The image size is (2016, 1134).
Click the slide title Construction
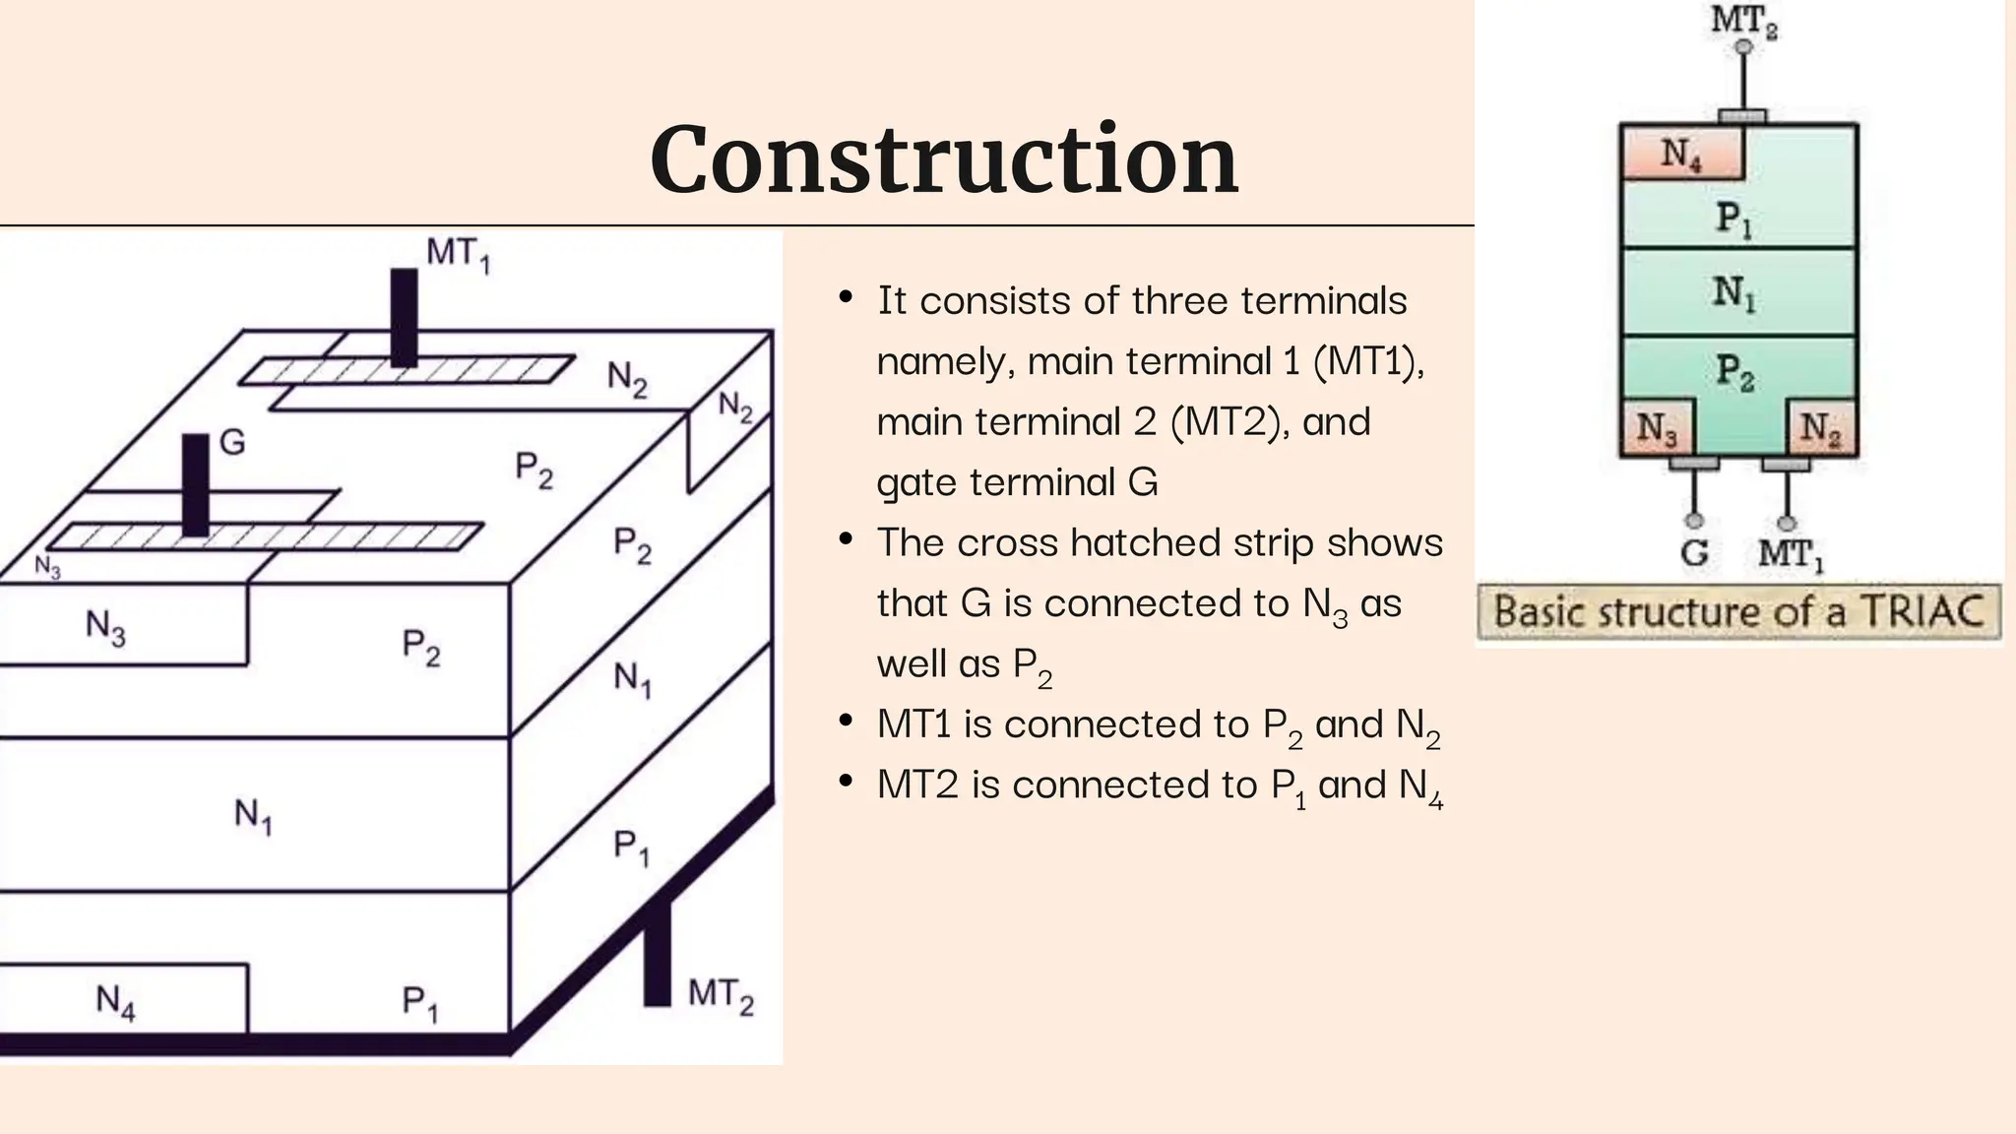[x=943, y=159]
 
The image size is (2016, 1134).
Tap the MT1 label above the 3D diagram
[x=458, y=254]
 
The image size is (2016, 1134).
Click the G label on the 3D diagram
[x=232, y=442]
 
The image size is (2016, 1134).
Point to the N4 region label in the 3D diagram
[x=115, y=1002]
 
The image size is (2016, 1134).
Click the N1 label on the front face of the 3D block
[x=253, y=815]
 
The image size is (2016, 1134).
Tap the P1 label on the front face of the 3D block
[x=420, y=1003]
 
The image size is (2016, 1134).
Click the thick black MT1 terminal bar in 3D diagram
[x=404, y=317]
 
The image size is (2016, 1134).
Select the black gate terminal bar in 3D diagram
[x=196, y=484]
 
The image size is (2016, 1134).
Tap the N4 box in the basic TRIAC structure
[x=1681, y=155]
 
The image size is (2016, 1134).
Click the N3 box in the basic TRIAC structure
[x=1657, y=428]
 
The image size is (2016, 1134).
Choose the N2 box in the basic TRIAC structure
[x=1820, y=428]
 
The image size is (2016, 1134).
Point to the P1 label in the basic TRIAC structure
[x=1734, y=218]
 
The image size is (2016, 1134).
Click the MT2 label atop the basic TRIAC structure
[x=1743, y=20]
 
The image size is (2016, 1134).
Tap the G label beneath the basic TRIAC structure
[x=1694, y=552]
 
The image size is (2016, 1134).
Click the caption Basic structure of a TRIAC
[x=1738, y=611]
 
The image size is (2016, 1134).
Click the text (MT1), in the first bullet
[x=1369, y=361]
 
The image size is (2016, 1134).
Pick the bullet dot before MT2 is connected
[x=846, y=783]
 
